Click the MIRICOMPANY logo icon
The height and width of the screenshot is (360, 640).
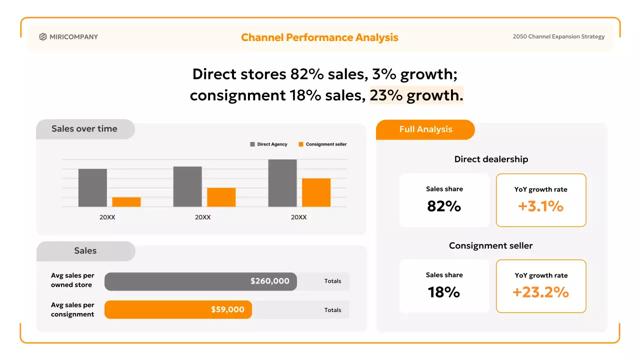point(43,36)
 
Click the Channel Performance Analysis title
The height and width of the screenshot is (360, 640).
point(319,37)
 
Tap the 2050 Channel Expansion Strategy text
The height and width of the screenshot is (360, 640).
point(558,36)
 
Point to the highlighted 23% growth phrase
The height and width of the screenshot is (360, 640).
point(416,95)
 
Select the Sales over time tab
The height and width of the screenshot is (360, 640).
point(84,129)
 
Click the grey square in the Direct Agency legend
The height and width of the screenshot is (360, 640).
point(252,144)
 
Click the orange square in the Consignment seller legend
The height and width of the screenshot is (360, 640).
point(301,144)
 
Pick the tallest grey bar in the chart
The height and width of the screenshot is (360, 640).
point(282,183)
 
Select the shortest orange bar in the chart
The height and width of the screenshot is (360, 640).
point(126,202)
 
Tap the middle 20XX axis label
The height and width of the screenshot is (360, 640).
point(203,217)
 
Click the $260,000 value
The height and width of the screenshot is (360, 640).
point(270,281)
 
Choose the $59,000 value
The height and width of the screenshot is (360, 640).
point(227,310)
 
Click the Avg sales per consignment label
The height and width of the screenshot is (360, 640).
point(72,309)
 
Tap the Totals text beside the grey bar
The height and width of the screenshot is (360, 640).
point(332,281)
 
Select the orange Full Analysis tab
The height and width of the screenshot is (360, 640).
point(425,129)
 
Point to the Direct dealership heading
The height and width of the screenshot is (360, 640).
point(491,159)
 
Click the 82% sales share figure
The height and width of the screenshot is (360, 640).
point(444,206)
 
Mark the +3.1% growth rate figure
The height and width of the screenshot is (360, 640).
point(540,206)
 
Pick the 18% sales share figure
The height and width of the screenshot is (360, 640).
point(444,292)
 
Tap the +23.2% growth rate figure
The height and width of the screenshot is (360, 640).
point(540,292)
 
